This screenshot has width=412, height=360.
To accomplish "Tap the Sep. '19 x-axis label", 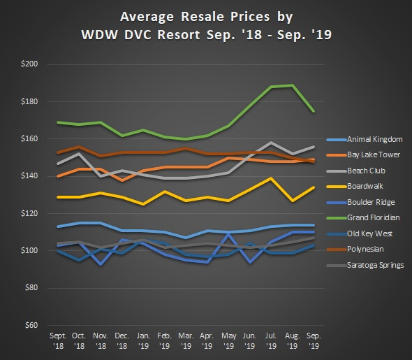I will coord(314,341).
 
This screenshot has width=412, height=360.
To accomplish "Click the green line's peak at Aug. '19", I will coord(291,85).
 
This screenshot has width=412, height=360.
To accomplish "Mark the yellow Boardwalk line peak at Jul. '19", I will coord(270,178).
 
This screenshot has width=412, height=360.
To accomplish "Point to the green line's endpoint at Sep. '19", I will coord(314,111).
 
